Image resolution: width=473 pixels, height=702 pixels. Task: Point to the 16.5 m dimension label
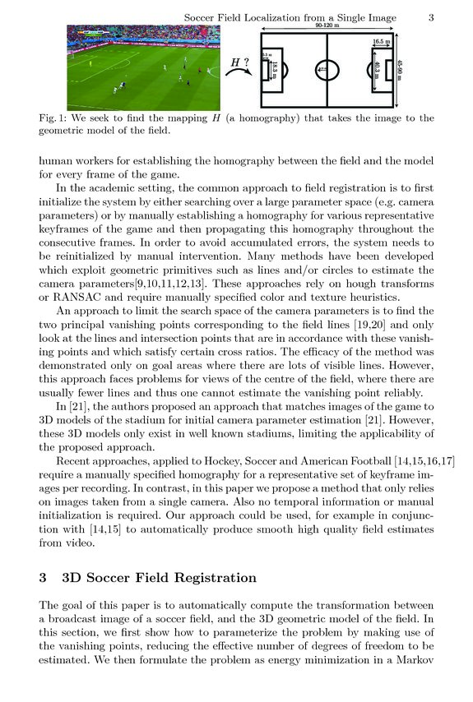click(x=381, y=40)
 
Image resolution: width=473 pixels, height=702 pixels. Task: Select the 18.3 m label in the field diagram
click(x=275, y=71)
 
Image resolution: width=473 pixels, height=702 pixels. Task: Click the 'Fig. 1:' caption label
click(x=55, y=118)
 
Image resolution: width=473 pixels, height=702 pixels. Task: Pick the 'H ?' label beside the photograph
click(x=239, y=61)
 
